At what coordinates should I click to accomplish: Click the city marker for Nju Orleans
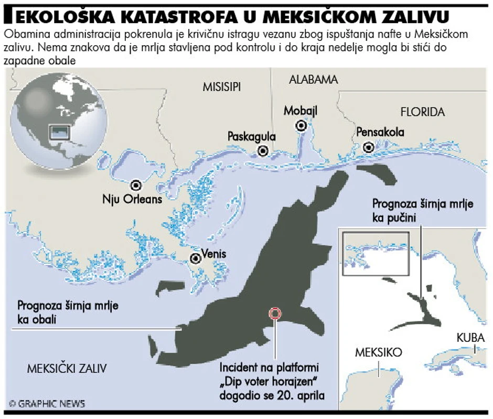[136, 185]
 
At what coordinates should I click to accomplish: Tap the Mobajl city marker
[301, 125]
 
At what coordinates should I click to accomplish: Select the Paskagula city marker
[263, 151]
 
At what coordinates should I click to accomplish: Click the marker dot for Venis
[196, 258]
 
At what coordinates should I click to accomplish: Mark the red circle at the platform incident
[275, 314]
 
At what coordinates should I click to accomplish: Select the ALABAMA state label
[313, 80]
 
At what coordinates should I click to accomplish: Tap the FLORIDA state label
[422, 112]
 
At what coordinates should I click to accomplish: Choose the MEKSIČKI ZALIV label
[67, 369]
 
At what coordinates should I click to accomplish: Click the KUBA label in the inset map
[470, 337]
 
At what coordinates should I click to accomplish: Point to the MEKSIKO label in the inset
[378, 352]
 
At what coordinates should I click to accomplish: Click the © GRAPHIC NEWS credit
[47, 404]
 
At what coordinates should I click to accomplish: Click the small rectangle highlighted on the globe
[60, 132]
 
